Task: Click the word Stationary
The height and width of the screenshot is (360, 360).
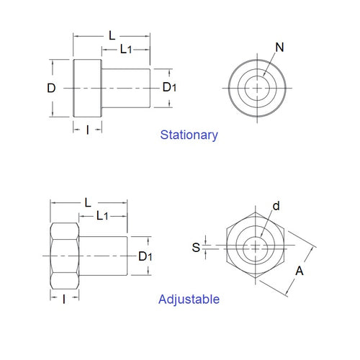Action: pos(189,135)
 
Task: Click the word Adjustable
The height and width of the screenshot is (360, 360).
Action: pos(189,299)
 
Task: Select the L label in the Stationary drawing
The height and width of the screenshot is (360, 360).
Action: pos(112,35)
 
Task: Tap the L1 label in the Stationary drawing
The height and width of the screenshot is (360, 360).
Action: pos(125,49)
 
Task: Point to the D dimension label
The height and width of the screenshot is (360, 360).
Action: pos(51,88)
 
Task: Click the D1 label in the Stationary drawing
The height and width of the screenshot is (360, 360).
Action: pos(168,87)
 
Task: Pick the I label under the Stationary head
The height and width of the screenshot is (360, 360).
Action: pos(88,130)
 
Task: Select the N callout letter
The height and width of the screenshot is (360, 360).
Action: pos(279,48)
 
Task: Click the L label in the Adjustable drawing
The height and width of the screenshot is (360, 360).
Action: pos(88,202)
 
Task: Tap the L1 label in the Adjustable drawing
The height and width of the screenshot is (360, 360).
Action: pos(102,215)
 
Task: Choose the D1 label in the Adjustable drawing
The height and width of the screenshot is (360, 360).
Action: pos(145,256)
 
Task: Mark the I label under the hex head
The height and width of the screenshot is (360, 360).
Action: pos(64,298)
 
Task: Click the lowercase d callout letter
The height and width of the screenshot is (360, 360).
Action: pos(276,206)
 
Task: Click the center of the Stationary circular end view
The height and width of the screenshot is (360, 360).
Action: pos(257,88)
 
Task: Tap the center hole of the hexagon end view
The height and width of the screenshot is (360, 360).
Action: pos(256,248)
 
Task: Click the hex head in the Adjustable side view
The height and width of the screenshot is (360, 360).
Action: pos(63,256)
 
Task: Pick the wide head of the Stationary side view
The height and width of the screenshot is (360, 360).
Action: pos(87,88)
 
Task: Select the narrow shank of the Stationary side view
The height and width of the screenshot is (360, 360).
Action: pos(125,88)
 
